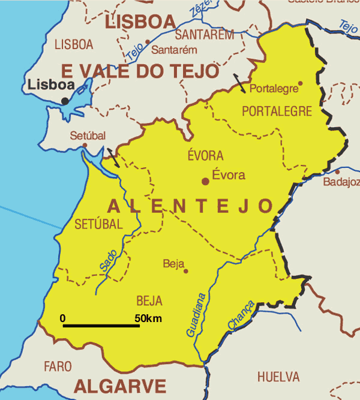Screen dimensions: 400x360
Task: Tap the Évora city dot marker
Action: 205,181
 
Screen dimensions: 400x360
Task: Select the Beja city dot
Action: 186,271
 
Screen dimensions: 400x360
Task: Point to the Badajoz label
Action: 341,182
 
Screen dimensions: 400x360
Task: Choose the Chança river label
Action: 241,316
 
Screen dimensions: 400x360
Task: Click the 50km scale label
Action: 148,318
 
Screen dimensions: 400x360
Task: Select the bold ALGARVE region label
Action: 119,385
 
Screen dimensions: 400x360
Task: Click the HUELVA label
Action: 278,377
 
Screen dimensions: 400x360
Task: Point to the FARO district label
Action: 58,366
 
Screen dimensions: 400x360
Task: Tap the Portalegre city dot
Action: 301,84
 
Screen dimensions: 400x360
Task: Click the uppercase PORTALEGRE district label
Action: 277,111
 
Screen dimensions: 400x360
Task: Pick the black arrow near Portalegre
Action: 240,84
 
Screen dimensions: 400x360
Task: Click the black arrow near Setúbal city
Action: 113,157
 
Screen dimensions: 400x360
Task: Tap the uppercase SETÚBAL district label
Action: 98,225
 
